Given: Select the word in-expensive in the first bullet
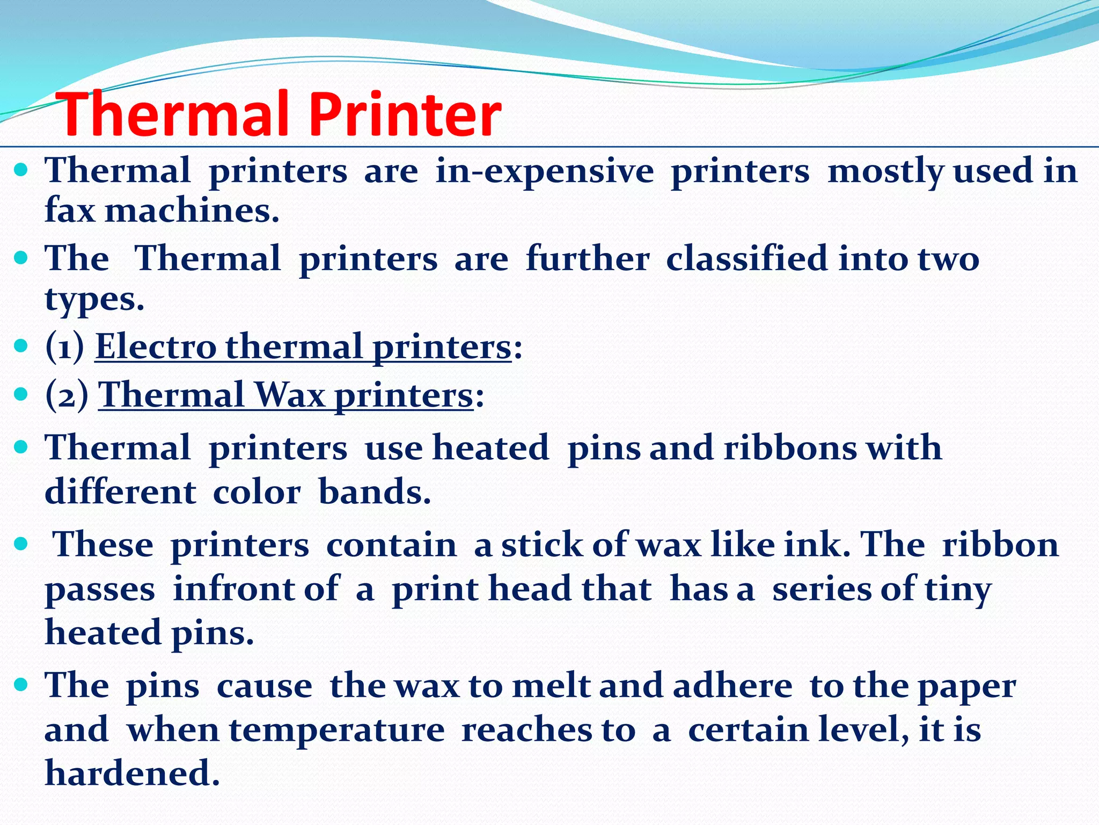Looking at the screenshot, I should [x=544, y=171].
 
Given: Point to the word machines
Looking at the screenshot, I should [x=192, y=210].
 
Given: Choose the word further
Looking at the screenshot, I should [x=588, y=258].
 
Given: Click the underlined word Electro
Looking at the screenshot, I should [x=156, y=346].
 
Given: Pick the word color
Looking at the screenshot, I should [x=257, y=492].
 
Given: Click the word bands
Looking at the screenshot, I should [x=374, y=492].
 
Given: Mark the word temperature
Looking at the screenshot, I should [x=337, y=730].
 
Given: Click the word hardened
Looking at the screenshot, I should [x=132, y=773].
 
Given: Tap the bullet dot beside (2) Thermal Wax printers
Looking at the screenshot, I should [x=21, y=395].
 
